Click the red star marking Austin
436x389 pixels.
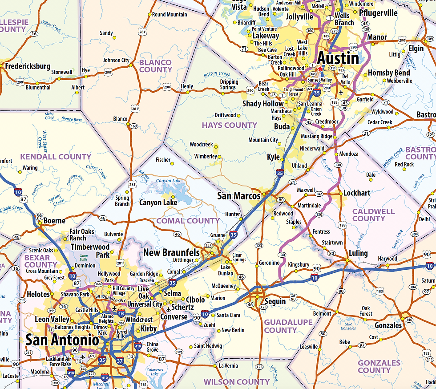point(319,68)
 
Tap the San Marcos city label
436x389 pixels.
point(238,196)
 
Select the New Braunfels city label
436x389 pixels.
point(171,253)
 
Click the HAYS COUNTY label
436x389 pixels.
point(229,125)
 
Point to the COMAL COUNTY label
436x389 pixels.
point(188,221)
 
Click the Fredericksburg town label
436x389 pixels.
point(28,66)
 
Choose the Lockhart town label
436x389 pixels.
point(357,193)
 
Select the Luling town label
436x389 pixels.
point(358,253)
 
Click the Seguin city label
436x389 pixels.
point(275,301)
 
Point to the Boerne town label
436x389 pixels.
point(54,221)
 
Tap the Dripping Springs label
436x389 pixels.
point(229,85)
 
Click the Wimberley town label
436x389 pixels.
point(205,157)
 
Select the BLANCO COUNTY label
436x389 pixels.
point(155,66)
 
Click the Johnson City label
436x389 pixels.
point(116,61)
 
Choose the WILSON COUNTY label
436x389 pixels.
point(237,382)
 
